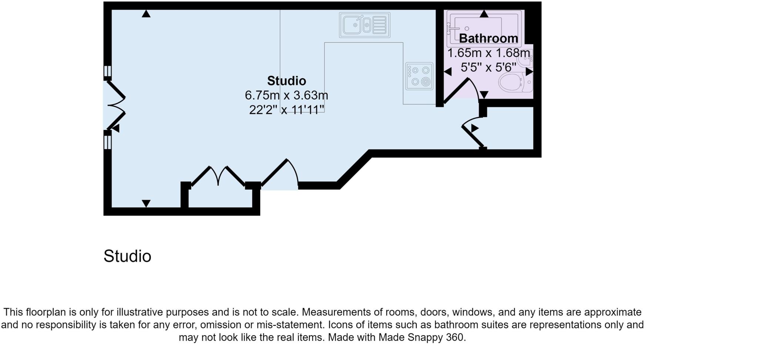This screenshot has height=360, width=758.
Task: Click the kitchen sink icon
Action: [365, 25]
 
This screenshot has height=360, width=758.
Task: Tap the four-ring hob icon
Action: [419, 76]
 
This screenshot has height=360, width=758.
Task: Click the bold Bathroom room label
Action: [488, 38]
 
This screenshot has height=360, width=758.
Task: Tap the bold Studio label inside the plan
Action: [286, 81]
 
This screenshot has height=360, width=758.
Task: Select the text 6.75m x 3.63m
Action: [286, 95]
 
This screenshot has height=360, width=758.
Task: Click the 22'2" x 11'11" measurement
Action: [286, 110]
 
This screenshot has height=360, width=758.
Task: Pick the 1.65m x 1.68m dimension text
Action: [488, 53]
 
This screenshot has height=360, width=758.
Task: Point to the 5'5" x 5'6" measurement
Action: [488, 67]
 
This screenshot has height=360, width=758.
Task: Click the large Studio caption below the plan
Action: [127, 256]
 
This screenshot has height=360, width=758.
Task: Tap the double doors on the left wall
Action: [116, 105]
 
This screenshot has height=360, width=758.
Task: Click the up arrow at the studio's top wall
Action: [146, 14]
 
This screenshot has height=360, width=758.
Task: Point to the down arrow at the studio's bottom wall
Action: [146, 203]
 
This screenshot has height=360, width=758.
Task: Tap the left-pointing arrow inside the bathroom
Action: [448, 72]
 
